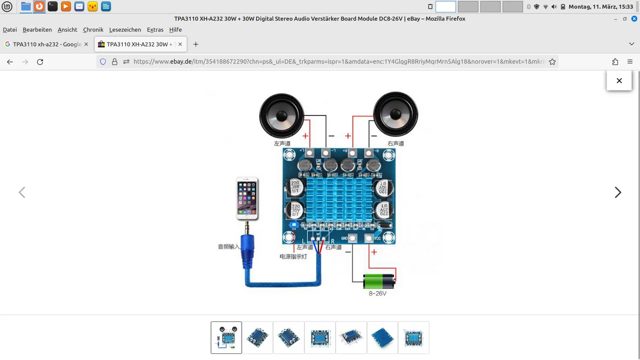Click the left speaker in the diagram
pos(281,115)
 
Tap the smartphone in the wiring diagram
pos(247,198)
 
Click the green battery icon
pos(379,281)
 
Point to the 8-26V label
pos(377,293)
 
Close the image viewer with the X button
pos(619,80)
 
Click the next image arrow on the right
pos(618,192)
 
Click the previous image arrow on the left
pos(22,192)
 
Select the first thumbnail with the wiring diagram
pos(226,337)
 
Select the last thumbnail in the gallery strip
pos(413,337)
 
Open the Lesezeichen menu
pos(125,29)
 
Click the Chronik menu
pos(93,29)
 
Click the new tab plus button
pos(195,44)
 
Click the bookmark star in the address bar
pos(552,61)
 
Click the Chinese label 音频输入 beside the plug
pos(228,246)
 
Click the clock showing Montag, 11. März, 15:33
pos(600,7)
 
